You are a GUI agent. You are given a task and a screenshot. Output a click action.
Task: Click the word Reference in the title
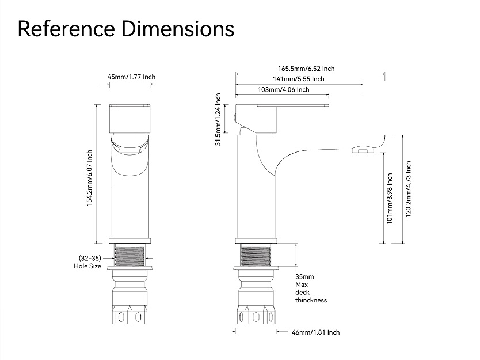click(66, 29)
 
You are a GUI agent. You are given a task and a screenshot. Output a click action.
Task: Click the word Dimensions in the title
click(178, 29)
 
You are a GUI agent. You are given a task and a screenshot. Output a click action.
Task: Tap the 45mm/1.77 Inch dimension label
click(131, 77)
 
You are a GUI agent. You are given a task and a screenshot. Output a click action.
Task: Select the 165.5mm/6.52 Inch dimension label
click(306, 69)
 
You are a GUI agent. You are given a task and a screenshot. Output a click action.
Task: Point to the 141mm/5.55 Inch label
click(299, 79)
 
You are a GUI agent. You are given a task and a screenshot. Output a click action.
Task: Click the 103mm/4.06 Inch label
click(284, 90)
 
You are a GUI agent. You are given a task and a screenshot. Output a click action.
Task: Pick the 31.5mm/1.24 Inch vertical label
click(218, 119)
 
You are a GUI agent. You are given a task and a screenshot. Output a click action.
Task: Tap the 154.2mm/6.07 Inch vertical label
click(89, 178)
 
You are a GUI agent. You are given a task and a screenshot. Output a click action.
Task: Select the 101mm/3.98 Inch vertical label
click(390, 199)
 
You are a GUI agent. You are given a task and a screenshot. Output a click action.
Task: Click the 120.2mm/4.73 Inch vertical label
click(409, 190)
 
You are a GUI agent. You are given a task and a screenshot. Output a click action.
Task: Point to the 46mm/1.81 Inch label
click(316, 332)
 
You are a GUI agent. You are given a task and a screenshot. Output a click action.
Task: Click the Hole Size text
click(87, 266)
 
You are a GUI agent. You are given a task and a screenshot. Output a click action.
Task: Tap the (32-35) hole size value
click(90, 258)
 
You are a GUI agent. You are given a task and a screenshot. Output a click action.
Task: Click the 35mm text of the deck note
click(304, 277)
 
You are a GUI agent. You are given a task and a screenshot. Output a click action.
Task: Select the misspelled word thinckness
click(311, 300)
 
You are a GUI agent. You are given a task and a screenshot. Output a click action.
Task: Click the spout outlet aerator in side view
click(363, 150)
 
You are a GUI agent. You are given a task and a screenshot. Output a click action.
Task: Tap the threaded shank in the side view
click(256, 255)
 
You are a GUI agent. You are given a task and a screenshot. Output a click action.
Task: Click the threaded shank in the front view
click(130, 255)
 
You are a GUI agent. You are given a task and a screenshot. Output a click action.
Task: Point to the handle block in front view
click(130, 119)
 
